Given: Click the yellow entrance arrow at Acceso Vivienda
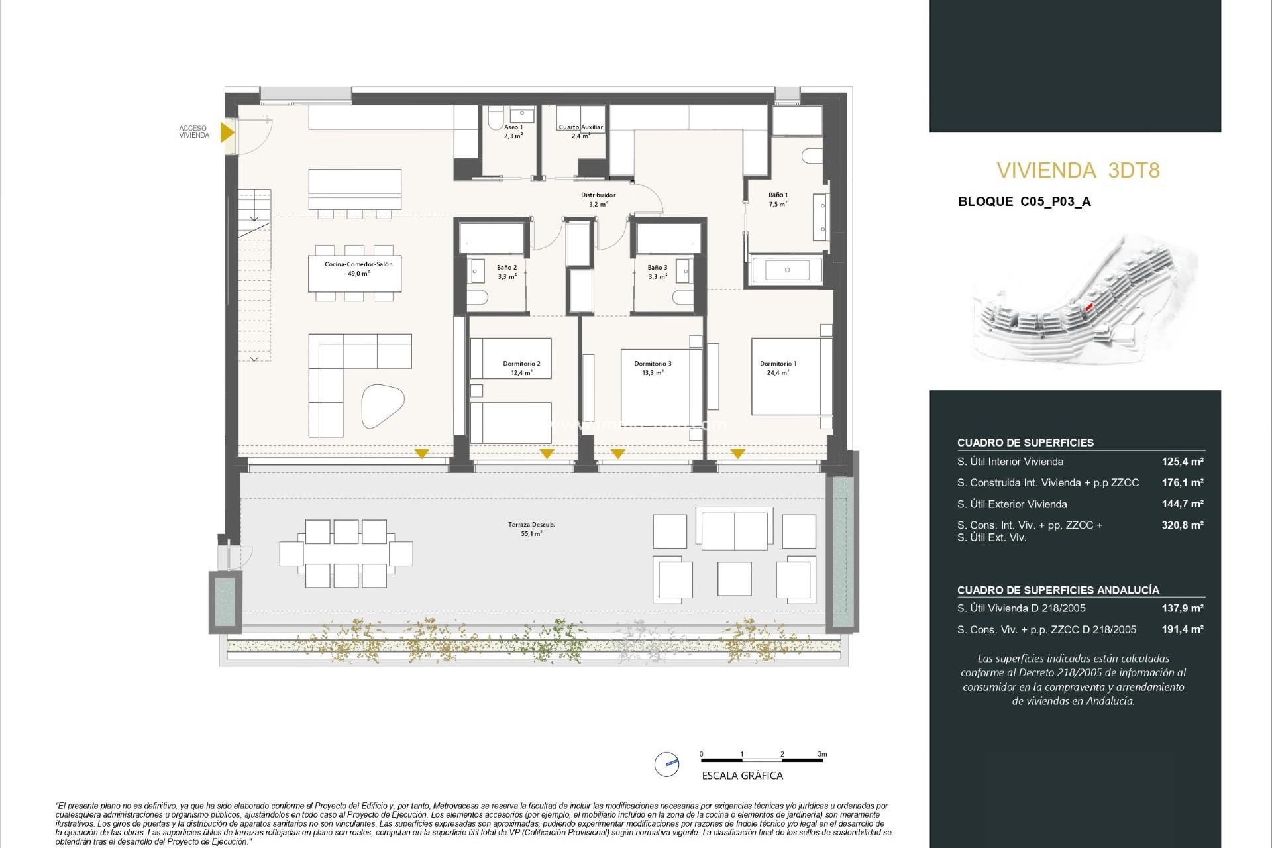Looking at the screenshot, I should [x=227, y=132].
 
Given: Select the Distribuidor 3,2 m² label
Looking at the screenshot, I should [x=598, y=199].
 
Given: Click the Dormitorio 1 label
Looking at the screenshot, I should [x=778, y=368].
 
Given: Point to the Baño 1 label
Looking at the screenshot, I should [x=778, y=199].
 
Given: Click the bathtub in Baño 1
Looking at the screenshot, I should [x=787, y=270].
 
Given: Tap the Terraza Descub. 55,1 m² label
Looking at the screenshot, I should [x=531, y=529].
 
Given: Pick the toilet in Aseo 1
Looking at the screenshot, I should [x=495, y=119].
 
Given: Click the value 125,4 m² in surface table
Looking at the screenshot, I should [x=1182, y=462].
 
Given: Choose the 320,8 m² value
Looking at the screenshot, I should [x=1182, y=525].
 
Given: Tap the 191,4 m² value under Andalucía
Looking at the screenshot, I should [x=1182, y=629].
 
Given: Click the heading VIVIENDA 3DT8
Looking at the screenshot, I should [x=1078, y=171].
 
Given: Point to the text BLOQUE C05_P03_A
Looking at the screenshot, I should [x=1024, y=202].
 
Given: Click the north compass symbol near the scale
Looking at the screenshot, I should [x=667, y=764].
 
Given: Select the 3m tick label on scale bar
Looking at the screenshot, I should [x=821, y=754].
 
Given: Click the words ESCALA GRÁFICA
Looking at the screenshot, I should [x=742, y=776].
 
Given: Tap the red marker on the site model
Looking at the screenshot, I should [x=1088, y=307].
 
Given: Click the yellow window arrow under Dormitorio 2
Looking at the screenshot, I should [x=547, y=454].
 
